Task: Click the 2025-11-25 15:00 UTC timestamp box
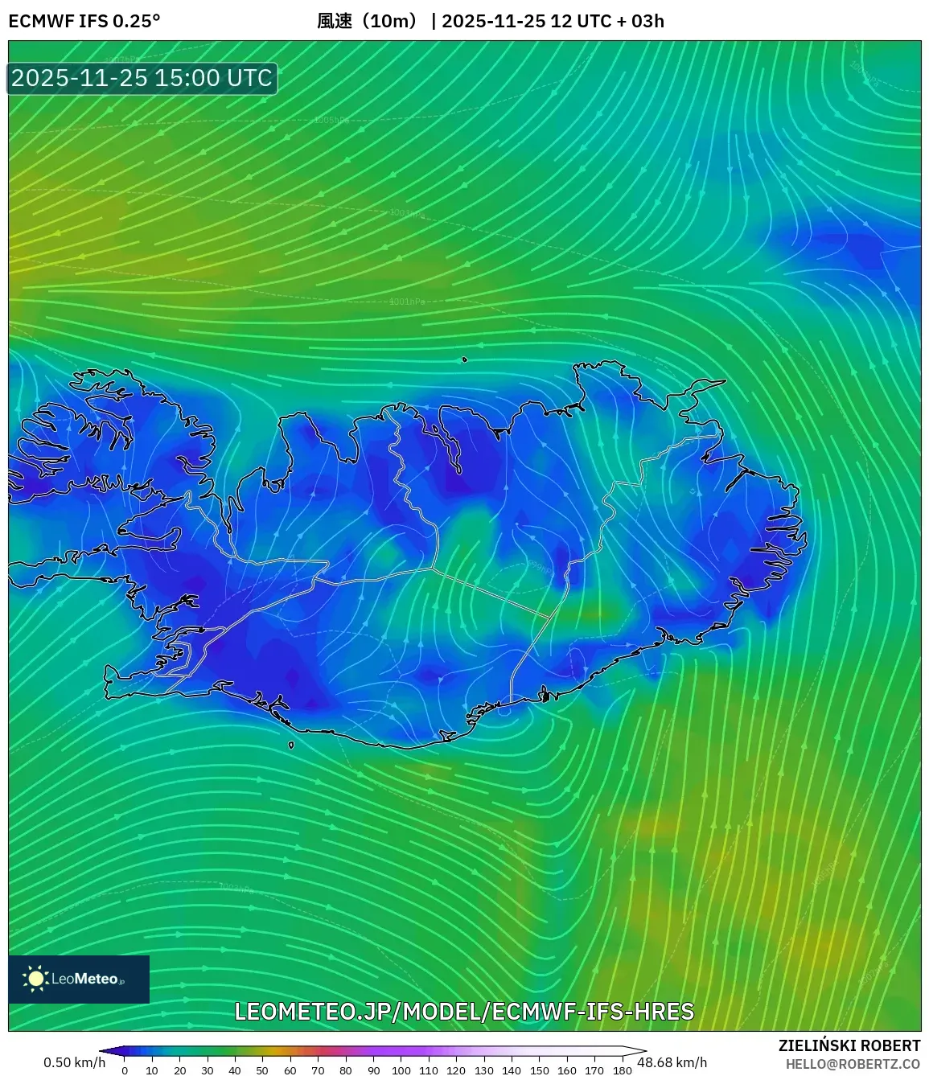142,78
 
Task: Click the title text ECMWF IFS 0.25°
84,21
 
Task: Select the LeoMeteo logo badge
79,979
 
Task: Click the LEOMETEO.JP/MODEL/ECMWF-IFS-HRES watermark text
464,1012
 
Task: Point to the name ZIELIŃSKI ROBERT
849,1045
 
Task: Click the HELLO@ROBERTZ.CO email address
853,1064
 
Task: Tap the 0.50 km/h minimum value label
74,1062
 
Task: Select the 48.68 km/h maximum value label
672,1062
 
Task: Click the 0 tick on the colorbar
125,1070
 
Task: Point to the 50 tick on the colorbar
262,1070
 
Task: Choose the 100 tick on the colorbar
401,1070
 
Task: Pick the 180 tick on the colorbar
622,1070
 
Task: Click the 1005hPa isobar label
331,120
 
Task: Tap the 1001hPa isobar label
407,302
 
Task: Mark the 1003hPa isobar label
407,213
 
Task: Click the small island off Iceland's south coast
291,745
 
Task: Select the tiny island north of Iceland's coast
464,359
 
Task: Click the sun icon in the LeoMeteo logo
36,979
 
